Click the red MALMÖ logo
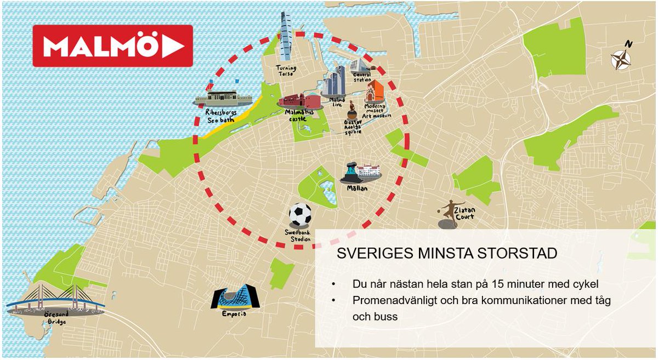pyautogui.click(x=113, y=46)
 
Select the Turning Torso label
pyautogui.click(x=286, y=71)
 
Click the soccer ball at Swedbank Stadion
pyautogui.click(x=300, y=215)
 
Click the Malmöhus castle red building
pyautogui.click(x=299, y=102)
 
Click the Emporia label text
pyautogui.click(x=234, y=314)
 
